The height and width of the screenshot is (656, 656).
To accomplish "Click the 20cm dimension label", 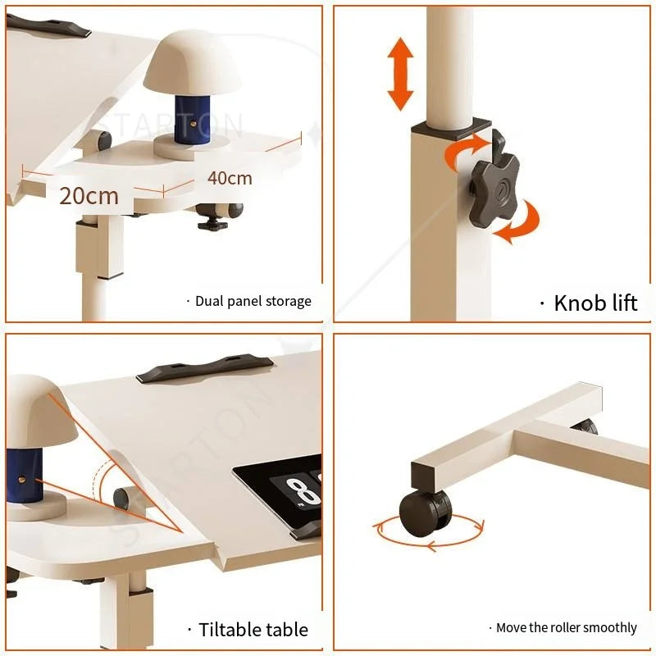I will pyautogui.click(x=89, y=195).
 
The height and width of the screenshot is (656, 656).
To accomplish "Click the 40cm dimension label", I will pyautogui.click(x=230, y=177).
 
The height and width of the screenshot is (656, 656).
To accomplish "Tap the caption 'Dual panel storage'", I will pyautogui.click(x=253, y=301).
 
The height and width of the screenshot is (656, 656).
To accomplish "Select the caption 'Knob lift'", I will pyautogui.click(x=594, y=302).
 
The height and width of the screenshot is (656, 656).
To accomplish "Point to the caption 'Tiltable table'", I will pyautogui.click(x=253, y=630).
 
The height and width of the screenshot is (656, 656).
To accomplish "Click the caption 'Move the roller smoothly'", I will pyautogui.click(x=566, y=627).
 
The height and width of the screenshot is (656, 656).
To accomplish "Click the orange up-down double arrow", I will pyautogui.click(x=400, y=74).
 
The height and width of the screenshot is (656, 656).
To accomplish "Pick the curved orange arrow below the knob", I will pyautogui.click(x=519, y=225).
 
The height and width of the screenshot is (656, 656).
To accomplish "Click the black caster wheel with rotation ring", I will pyautogui.click(x=426, y=512).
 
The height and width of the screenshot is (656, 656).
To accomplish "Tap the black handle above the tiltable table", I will pyautogui.click(x=205, y=368).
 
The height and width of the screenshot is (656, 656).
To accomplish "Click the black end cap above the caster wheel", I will pyautogui.click(x=426, y=474).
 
